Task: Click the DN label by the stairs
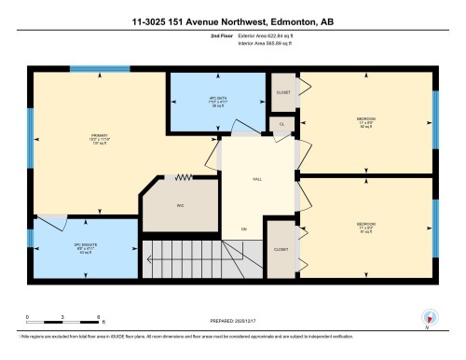point(244,229)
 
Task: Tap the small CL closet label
point(281,123)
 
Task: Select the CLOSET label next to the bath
point(282,92)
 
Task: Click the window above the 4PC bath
point(192,68)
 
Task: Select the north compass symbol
point(426,318)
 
